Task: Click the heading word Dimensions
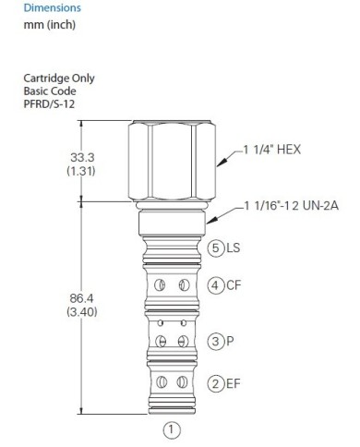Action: coord(52,7)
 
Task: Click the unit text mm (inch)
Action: coord(50,25)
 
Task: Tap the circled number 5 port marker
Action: coord(216,248)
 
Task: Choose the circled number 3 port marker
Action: coord(216,341)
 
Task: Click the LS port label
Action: coord(233,248)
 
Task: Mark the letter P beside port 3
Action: coord(230,341)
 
